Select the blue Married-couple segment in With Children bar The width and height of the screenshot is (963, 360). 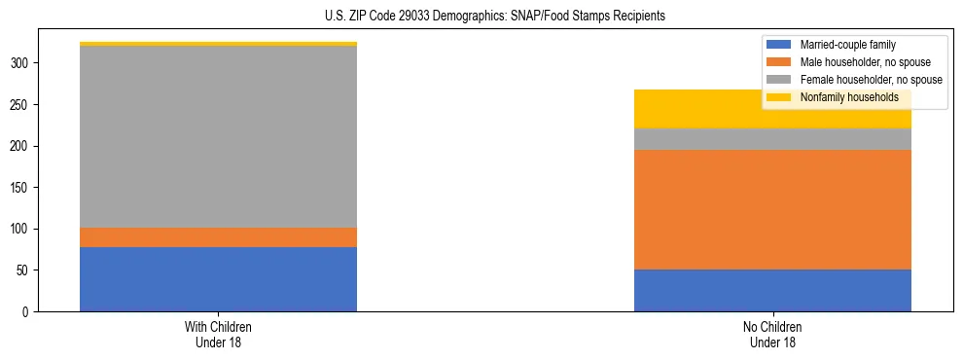pos(218,279)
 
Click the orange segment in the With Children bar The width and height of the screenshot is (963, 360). pos(218,237)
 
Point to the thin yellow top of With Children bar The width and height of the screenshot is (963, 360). pos(218,44)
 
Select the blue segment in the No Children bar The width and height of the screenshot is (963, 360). pos(772,290)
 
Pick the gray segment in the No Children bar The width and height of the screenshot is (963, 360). pos(772,139)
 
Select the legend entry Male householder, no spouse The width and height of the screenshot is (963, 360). pos(857,62)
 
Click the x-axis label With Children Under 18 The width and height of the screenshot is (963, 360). pos(218,334)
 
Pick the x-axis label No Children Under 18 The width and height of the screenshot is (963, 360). pos(772,334)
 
